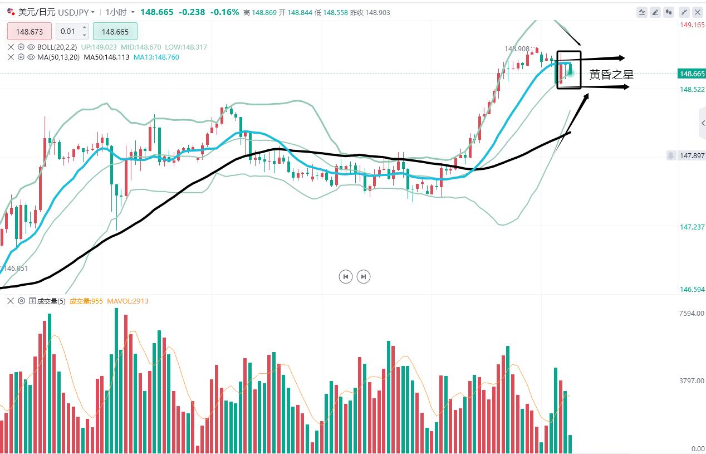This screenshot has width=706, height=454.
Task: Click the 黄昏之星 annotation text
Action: click(x=611, y=75)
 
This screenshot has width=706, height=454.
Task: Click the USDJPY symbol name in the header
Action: click(x=73, y=12)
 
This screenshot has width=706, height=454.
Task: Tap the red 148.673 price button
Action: click(x=29, y=32)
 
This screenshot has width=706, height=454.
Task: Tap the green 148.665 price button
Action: click(x=115, y=32)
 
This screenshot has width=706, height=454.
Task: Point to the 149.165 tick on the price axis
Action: click(x=692, y=25)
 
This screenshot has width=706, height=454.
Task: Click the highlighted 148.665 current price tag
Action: click(x=692, y=74)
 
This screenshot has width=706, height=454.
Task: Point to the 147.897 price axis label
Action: click(x=692, y=156)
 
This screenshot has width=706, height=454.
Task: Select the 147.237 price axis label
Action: click(x=692, y=227)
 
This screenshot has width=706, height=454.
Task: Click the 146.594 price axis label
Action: click(x=692, y=290)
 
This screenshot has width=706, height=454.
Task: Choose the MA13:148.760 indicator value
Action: click(x=156, y=57)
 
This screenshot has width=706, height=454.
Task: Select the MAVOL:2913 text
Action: click(x=128, y=301)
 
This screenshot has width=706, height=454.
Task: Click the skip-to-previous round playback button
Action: click(x=346, y=276)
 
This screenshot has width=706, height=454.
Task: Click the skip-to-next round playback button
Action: click(x=364, y=276)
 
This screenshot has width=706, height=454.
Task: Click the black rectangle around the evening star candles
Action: click(x=568, y=52)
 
